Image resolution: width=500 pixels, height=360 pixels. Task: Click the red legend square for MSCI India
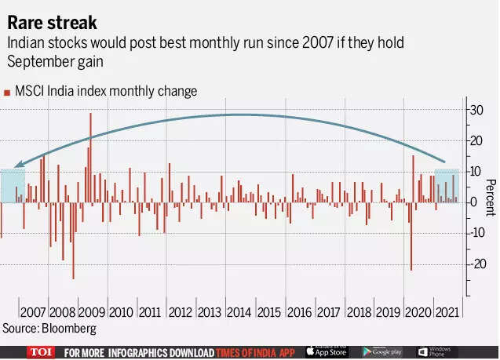click(x=7, y=93)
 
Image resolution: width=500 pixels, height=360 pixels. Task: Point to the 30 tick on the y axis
click(x=476, y=110)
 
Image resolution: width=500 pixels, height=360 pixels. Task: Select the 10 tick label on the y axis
click(x=476, y=172)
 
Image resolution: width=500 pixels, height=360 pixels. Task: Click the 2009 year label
click(x=93, y=311)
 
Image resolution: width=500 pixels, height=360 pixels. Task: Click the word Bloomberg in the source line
click(x=70, y=328)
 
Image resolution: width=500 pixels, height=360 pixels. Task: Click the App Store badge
click(x=326, y=352)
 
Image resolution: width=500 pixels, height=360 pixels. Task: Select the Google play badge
click(x=382, y=352)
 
